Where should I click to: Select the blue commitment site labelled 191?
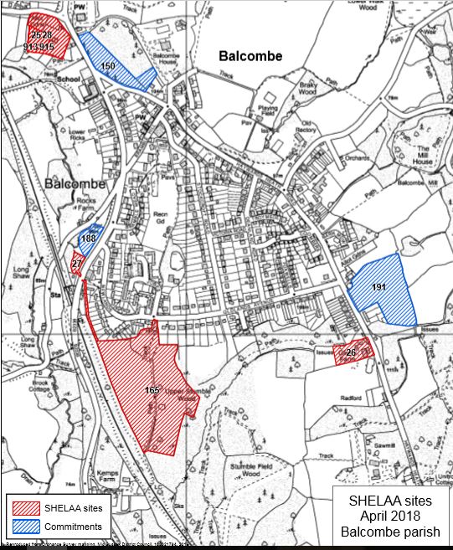[382, 290]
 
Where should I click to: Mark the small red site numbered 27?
[76, 265]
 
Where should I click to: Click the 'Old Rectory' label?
[311, 127]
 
